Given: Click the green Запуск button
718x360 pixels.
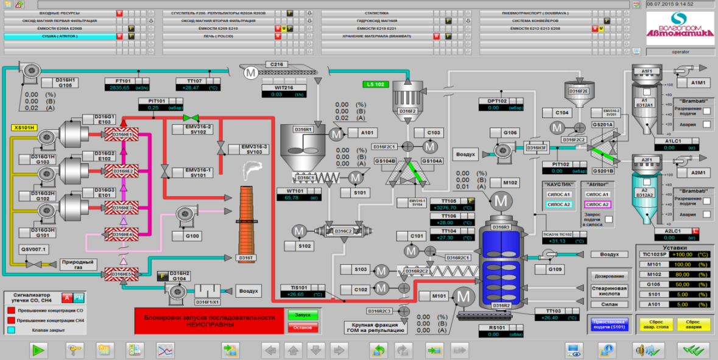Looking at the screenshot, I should click(303, 315).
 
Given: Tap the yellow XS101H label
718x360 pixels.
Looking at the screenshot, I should click(24, 127).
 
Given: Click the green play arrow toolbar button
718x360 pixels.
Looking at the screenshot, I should click(39, 350).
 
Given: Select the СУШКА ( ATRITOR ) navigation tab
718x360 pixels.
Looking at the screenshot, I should click(59, 36).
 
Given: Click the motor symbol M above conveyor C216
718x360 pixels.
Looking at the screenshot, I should click(250, 72).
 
